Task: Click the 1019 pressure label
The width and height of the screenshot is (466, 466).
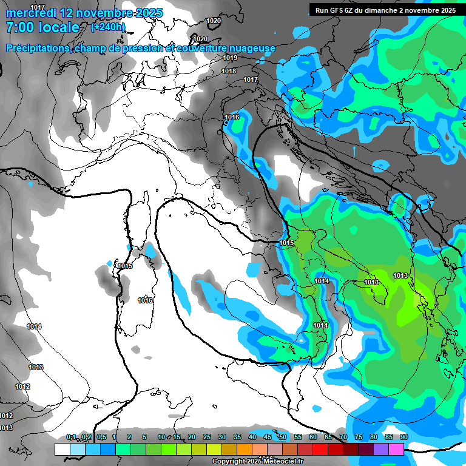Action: [x=229, y=58]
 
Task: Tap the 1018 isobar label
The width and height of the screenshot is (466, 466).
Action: [x=229, y=71]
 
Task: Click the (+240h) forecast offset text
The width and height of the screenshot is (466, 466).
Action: [x=108, y=27]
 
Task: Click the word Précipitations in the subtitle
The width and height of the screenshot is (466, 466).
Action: [x=38, y=49]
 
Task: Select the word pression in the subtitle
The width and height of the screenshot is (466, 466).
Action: [x=142, y=49]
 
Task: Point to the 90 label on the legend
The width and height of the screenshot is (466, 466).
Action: [x=404, y=437]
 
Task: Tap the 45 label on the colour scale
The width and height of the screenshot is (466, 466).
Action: [x=268, y=437]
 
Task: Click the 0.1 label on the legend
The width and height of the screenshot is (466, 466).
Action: [x=71, y=437]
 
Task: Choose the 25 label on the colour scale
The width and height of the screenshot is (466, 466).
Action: [x=207, y=437]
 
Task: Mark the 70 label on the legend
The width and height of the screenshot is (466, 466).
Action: [x=343, y=437]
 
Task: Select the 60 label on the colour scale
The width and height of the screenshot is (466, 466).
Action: [x=313, y=437]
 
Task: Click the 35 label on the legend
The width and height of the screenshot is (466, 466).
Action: [x=237, y=437]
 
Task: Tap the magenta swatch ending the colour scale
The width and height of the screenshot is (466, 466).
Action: [x=396, y=449]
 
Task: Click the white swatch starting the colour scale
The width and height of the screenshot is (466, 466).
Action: [x=62, y=449]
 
